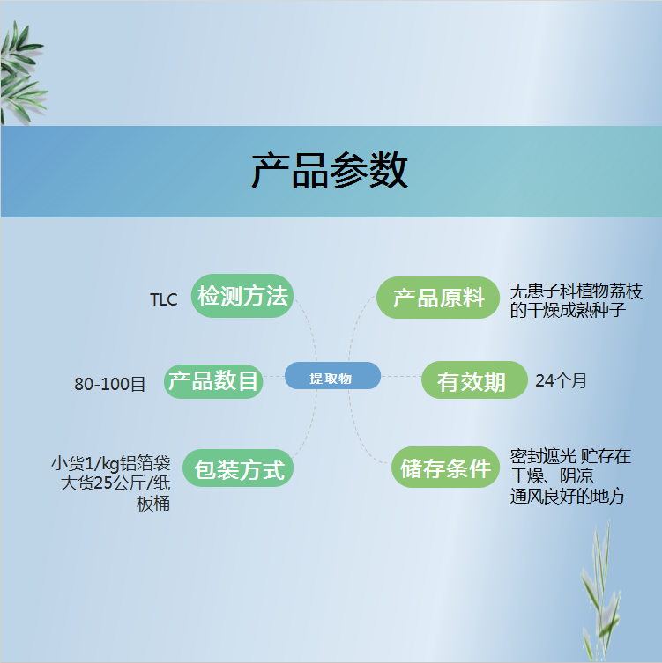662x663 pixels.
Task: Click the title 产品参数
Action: click(330, 171)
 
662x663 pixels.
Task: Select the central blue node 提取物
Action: click(332, 375)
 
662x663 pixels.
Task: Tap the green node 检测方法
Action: click(242, 296)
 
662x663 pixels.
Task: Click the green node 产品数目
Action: click(213, 381)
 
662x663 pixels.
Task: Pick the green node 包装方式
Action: click(238, 468)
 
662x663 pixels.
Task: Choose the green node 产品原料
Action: click(438, 298)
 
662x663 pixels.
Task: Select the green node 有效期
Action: click(474, 379)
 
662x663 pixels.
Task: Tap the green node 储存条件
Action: click(445, 467)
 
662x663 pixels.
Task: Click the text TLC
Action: click(163, 299)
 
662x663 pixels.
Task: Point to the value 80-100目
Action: click(109, 384)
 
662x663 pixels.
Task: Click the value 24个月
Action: click(561, 380)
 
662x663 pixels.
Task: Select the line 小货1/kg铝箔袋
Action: click(111, 463)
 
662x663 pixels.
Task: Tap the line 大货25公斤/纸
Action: click(115, 483)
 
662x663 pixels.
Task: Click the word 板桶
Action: click(153, 503)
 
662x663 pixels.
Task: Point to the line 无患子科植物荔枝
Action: click(576, 291)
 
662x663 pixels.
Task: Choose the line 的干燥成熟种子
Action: click(568, 310)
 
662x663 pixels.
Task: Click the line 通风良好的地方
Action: click(568, 496)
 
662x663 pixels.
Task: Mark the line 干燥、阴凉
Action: click(552, 476)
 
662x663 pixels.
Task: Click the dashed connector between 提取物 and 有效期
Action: click(401, 376)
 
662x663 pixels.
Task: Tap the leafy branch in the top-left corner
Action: click(22, 73)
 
